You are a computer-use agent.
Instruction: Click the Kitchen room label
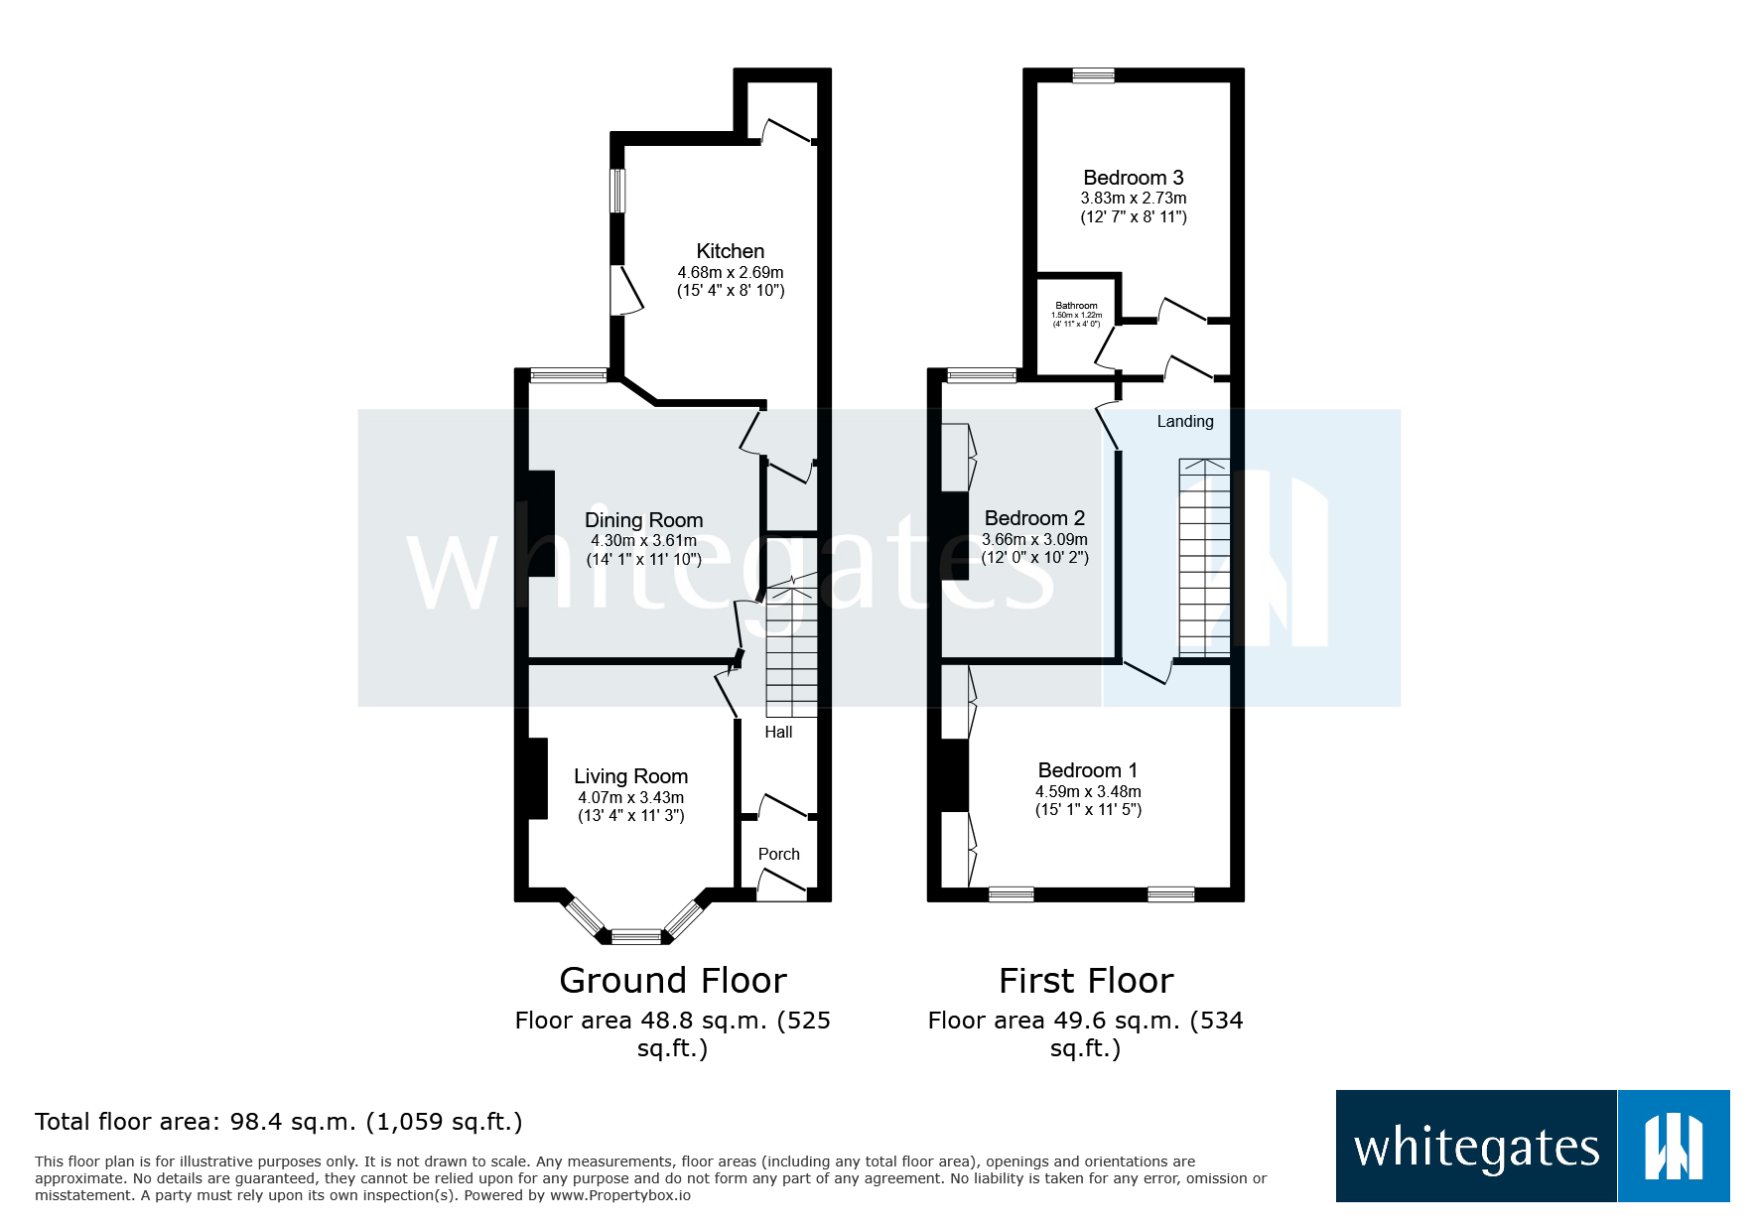pyautogui.click(x=730, y=251)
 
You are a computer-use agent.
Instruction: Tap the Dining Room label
pyautogui.click(x=643, y=520)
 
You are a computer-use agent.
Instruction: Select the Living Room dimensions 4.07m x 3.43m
pyautogui.click(x=630, y=797)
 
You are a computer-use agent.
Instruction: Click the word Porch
pyautogui.click(x=778, y=854)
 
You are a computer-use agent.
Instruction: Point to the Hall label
pyautogui.click(x=778, y=732)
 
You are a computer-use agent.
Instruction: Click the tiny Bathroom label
pyautogui.click(x=1076, y=306)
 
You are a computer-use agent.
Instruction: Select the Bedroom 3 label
pyautogui.click(x=1133, y=178)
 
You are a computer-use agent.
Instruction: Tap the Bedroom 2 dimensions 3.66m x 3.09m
pyautogui.click(x=1034, y=539)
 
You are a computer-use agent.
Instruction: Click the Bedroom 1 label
pyautogui.click(x=1087, y=770)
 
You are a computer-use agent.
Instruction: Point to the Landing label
pyautogui.click(x=1184, y=421)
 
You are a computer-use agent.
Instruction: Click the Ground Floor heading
pyautogui.click(x=672, y=981)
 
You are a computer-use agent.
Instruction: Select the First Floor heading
pyautogui.click(x=1085, y=981)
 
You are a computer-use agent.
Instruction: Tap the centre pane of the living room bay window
pyautogui.click(x=635, y=936)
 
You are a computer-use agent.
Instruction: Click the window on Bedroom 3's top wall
pyautogui.click(x=1093, y=75)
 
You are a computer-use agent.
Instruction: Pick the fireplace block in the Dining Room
pyautogui.click(x=541, y=523)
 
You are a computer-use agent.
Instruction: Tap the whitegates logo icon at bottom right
pyautogui.click(x=1673, y=1147)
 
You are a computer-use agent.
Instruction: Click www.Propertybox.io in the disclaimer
pyautogui.click(x=619, y=1195)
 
